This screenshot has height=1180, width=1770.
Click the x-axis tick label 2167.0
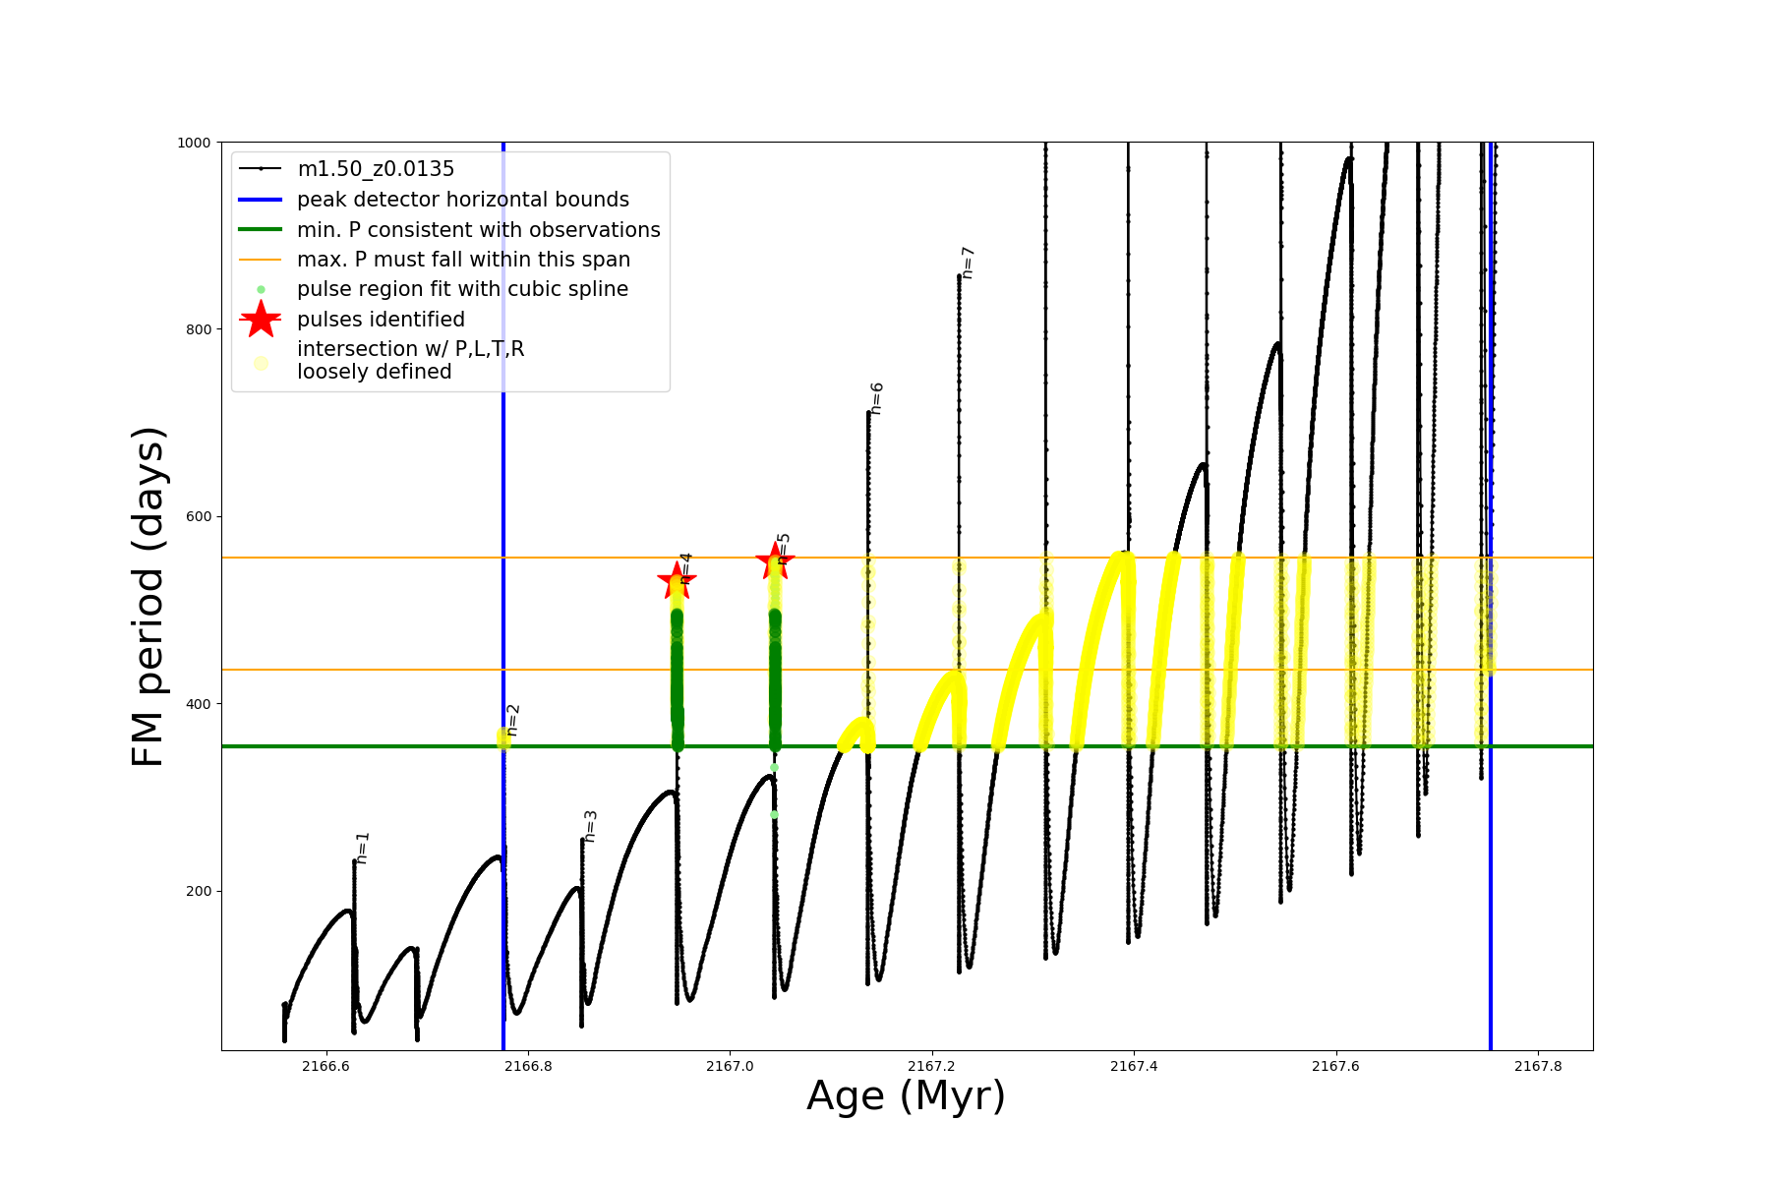pyautogui.click(x=730, y=1066)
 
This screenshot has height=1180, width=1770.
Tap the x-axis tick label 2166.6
pyautogui.click(x=325, y=1066)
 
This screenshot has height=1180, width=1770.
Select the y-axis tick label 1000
pyautogui.click(x=194, y=143)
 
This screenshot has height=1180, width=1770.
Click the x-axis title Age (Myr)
pyautogui.click(x=906, y=1096)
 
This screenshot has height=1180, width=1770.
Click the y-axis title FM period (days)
pyautogui.click(x=147, y=596)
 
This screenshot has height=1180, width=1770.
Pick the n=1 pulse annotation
pyautogui.click(x=363, y=848)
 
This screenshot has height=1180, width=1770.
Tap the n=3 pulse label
pyautogui.click(x=590, y=826)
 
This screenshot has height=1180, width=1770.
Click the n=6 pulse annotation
pyautogui.click(x=876, y=398)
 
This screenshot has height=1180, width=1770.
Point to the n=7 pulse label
pyautogui.click(x=968, y=263)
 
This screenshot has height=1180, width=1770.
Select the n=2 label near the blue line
pyautogui.click(x=512, y=720)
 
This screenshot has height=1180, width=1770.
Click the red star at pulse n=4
pyautogui.click(x=677, y=580)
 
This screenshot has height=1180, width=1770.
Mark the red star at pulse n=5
pyautogui.click(x=775, y=560)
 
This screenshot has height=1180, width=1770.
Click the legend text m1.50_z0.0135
pyautogui.click(x=376, y=169)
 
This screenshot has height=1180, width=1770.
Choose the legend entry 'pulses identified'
pyautogui.click(x=381, y=320)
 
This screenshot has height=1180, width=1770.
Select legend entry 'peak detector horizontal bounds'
pyautogui.click(x=462, y=200)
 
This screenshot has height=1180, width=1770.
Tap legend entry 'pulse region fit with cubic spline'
pyautogui.click(x=462, y=289)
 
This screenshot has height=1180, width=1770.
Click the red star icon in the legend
pyautogui.click(x=261, y=320)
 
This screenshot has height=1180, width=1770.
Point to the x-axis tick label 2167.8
pyautogui.click(x=1538, y=1066)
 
